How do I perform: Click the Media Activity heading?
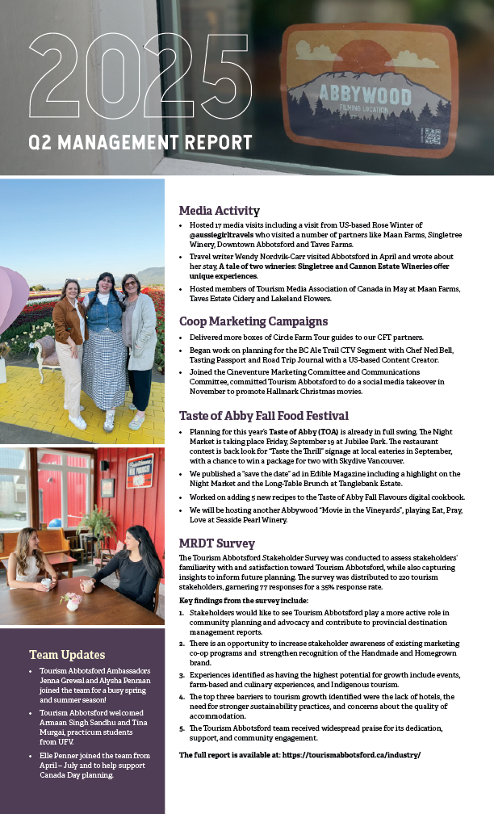click(x=219, y=211)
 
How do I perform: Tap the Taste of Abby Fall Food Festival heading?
click(x=263, y=416)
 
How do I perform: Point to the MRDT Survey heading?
click(x=216, y=543)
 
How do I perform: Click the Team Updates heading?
click(x=67, y=654)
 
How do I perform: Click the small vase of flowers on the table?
click(x=73, y=600)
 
